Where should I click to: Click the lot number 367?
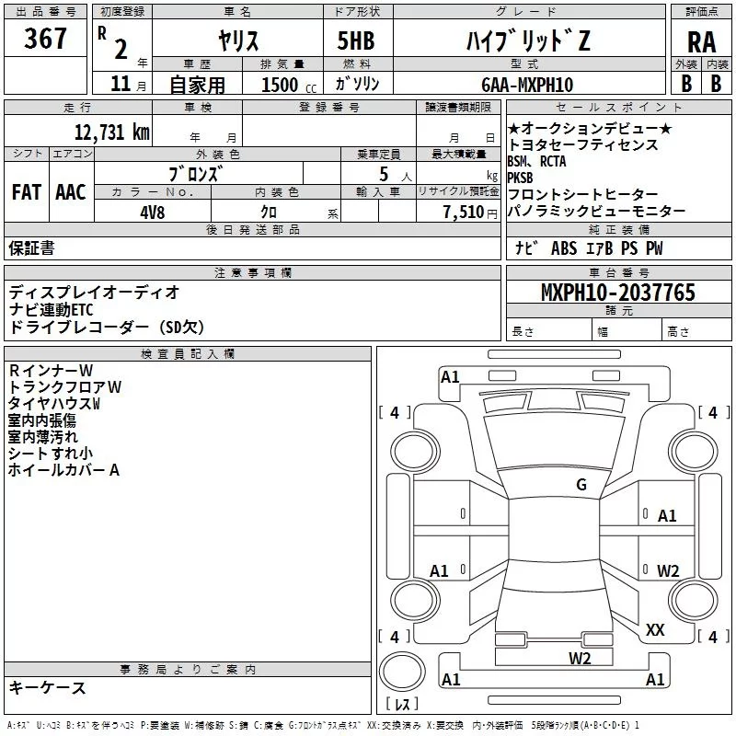pos(47,39)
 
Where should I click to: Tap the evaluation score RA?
pos(701,42)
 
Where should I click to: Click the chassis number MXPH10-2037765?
pos(618,293)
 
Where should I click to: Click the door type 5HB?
pos(356,40)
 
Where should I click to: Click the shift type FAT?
pos(26,192)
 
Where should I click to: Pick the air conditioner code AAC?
pos(71,192)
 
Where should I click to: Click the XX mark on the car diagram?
pos(655,630)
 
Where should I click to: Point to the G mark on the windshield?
pos(581,485)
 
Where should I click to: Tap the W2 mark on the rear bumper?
pos(580,657)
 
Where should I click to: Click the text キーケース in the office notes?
pos(48,688)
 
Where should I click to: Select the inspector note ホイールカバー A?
pos(64,470)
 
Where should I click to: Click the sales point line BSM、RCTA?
pos(536,162)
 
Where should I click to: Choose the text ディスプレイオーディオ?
pos(94,293)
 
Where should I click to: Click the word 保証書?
pos(31,248)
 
